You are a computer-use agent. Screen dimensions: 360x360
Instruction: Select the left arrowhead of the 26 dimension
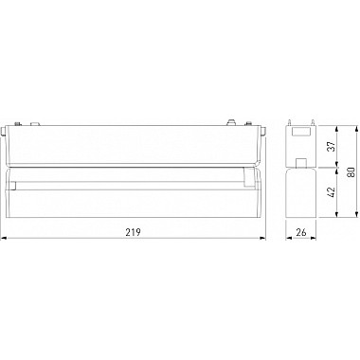tap(290, 238)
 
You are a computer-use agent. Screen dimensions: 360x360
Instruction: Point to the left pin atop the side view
tap(293, 123)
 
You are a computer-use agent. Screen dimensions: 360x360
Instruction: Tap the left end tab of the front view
tap(10, 129)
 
